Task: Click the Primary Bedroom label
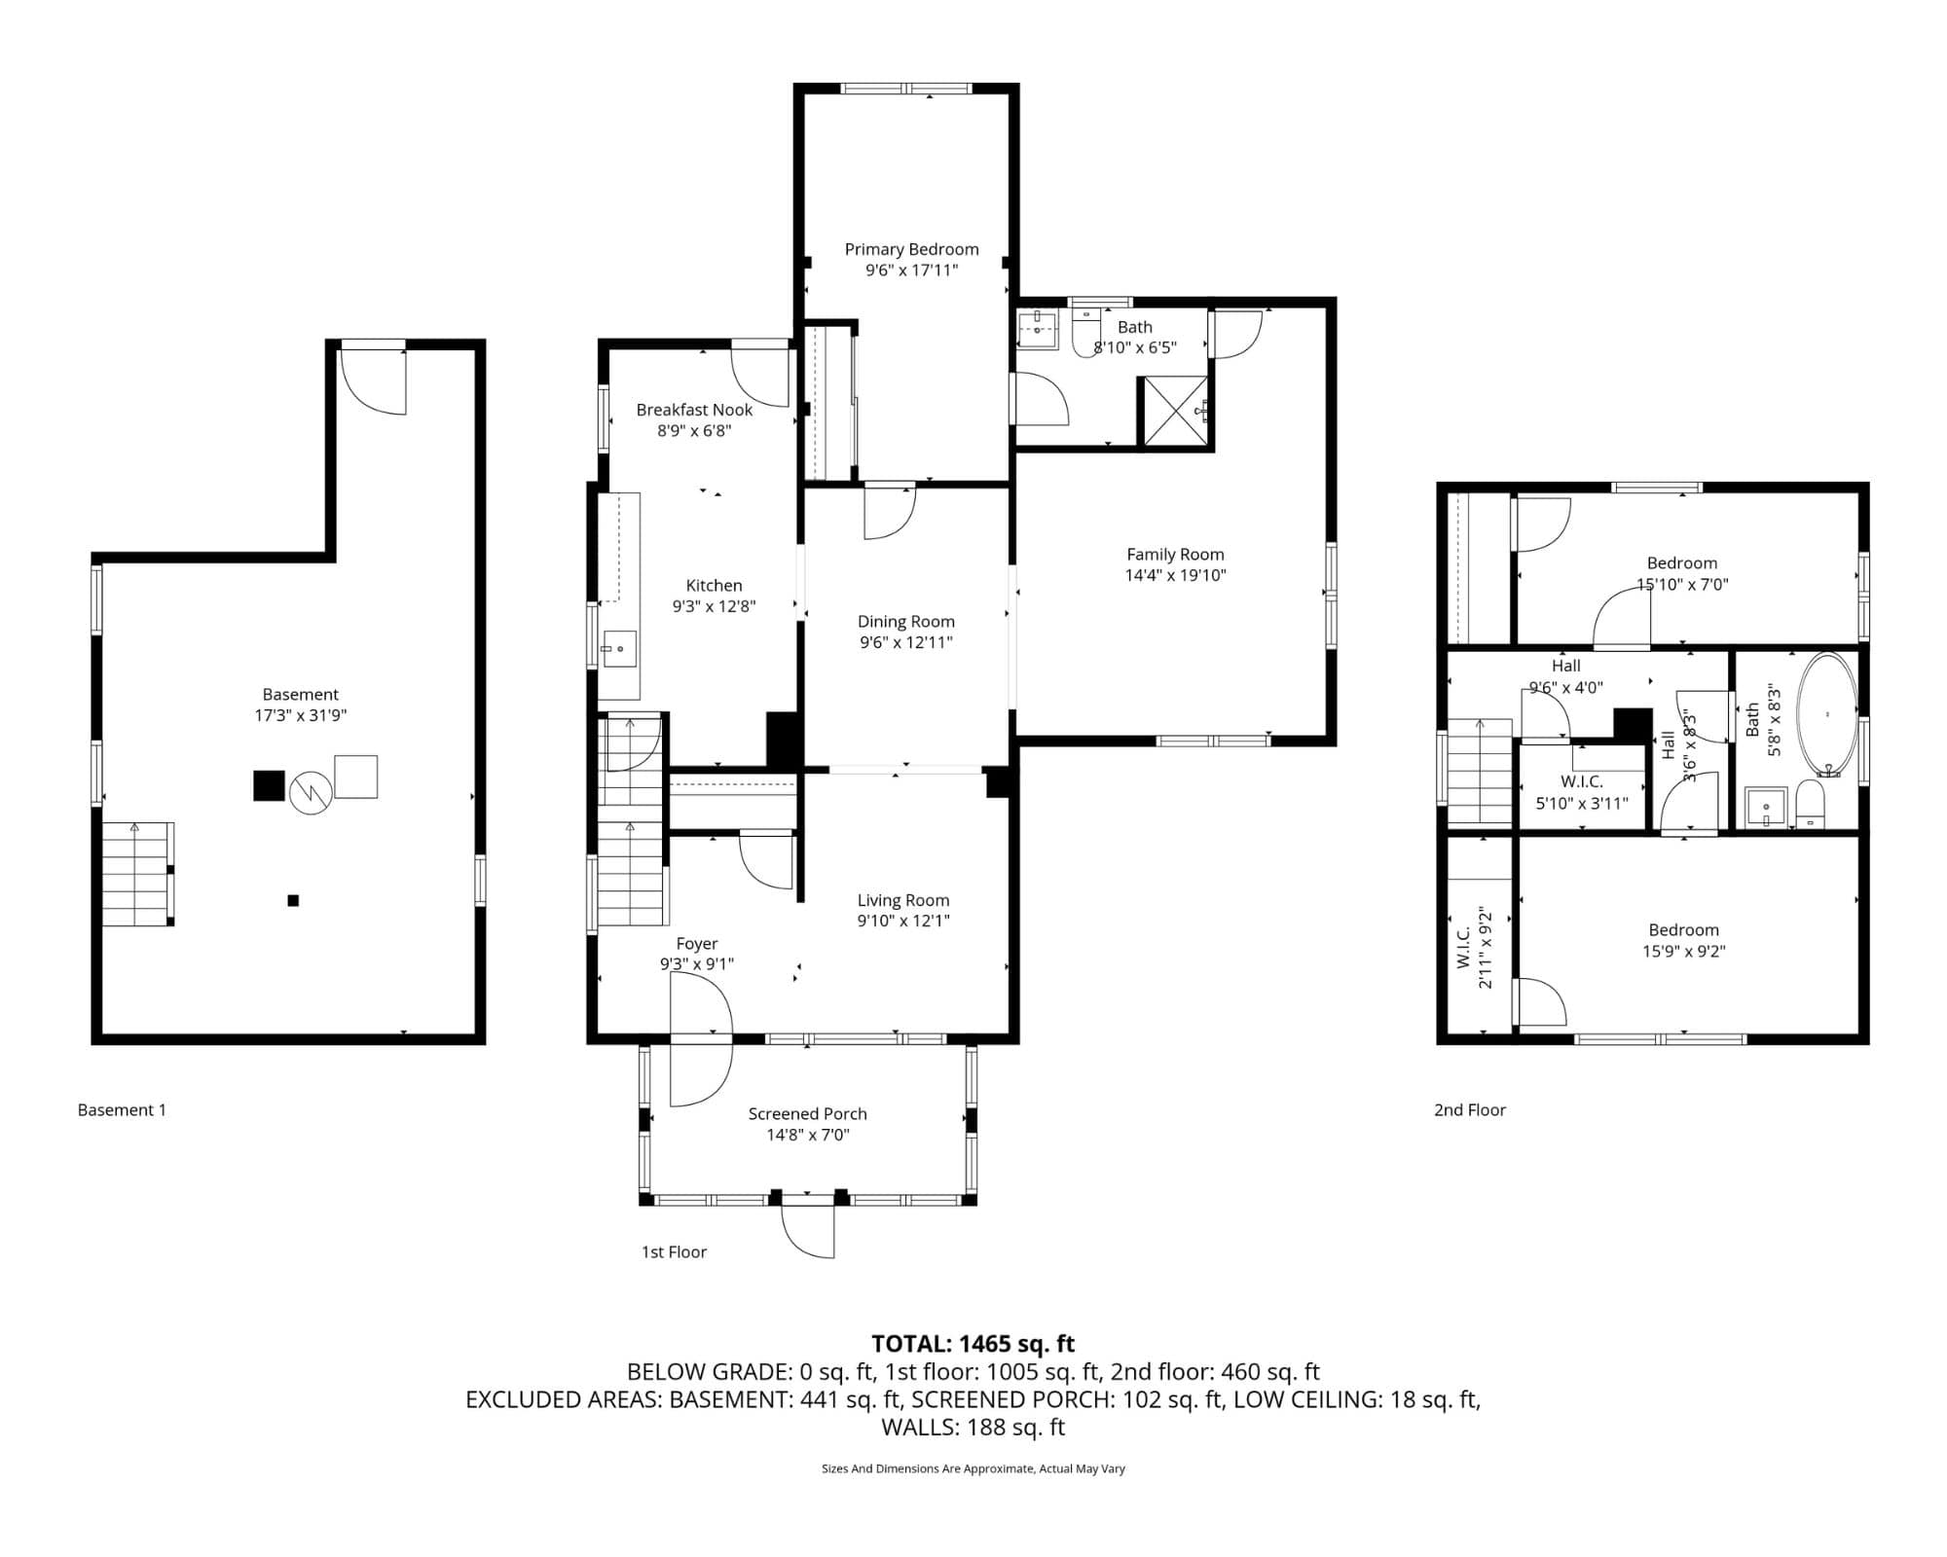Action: pyautogui.click(x=911, y=249)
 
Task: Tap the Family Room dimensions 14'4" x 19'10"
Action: pyautogui.click(x=1175, y=575)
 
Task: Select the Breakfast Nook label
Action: pyautogui.click(x=694, y=410)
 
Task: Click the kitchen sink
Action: pyautogui.click(x=618, y=649)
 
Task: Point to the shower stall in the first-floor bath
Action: pyautogui.click(x=1175, y=413)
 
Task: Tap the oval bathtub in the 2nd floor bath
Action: pyautogui.click(x=1826, y=714)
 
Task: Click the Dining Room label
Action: pyautogui.click(x=905, y=621)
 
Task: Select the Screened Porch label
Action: pyautogui.click(x=807, y=1113)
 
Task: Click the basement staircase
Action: pyautogui.click(x=136, y=874)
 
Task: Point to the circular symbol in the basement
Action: pyautogui.click(x=311, y=793)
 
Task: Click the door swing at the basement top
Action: pyautogui.click(x=374, y=382)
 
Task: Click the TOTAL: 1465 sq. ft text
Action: pyautogui.click(x=973, y=1344)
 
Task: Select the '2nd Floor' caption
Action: pyautogui.click(x=1469, y=1109)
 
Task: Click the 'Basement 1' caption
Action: pyautogui.click(x=122, y=1109)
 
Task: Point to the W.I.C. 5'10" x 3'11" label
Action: pyautogui.click(x=1581, y=792)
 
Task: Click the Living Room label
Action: pyautogui.click(x=902, y=900)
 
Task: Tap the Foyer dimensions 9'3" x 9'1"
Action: pyautogui.click(x=696, y=964)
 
